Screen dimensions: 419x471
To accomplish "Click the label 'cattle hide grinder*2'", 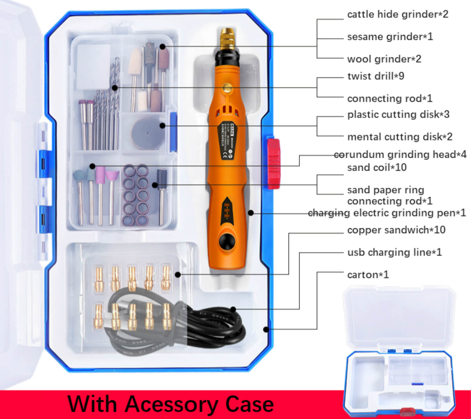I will tap(398, 14).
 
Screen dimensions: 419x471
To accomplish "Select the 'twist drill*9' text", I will tap(376, 76).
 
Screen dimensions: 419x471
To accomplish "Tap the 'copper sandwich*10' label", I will tap(396, 230).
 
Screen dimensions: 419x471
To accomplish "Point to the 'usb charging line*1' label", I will tap(394, 252).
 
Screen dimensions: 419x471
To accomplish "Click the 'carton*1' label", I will tap(368, 275).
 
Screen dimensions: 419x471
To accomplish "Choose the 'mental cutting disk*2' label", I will tap(400, 137).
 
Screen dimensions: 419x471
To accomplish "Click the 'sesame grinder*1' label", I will tap(390, 37).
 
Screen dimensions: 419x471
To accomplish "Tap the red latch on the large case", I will tap(273, 163).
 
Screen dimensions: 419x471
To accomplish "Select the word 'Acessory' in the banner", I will tap(171, 404).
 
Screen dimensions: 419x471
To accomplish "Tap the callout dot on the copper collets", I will tap(178, 275).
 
